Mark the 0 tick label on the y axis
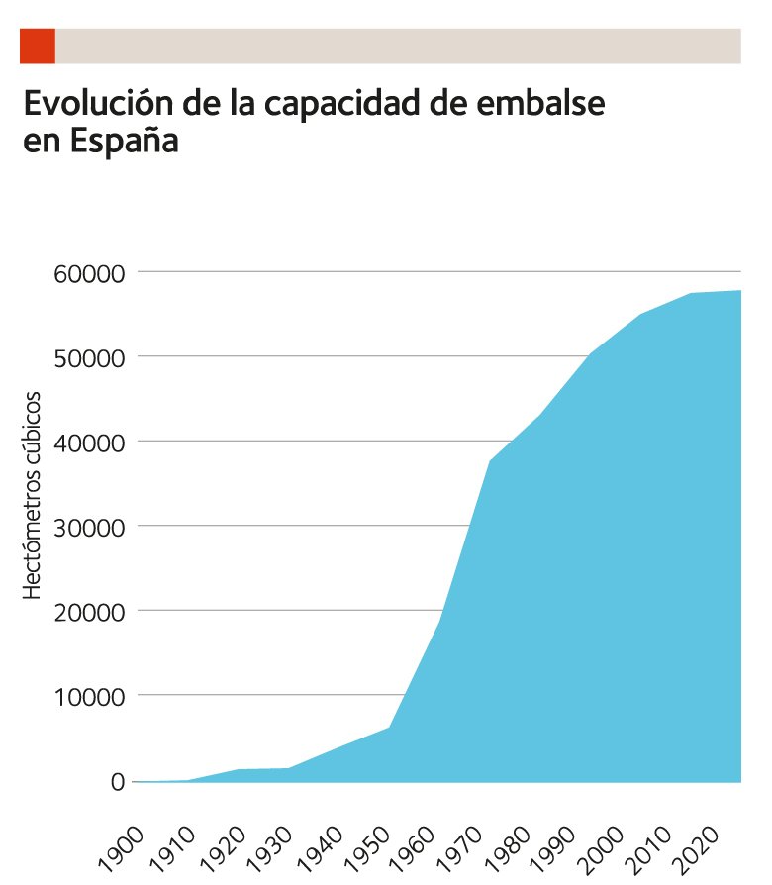tap(117, 781)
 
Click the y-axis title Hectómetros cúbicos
tap(33, 495)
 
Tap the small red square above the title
tap(38, 46)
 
